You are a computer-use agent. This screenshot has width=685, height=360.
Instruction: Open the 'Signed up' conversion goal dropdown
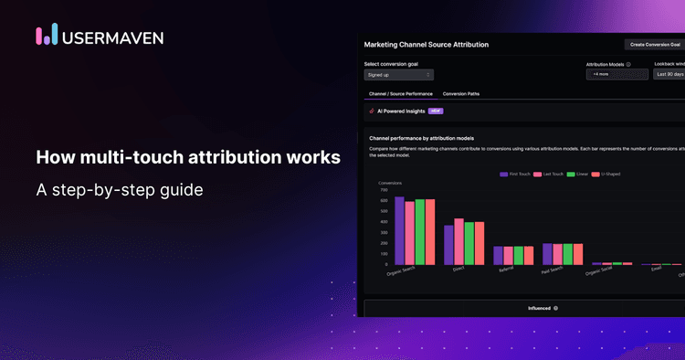click(x=398, y=75)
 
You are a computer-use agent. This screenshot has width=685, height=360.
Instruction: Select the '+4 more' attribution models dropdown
click(x=611, y=75)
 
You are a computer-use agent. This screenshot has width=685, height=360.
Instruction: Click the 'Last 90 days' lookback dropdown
click(x=669, y=75)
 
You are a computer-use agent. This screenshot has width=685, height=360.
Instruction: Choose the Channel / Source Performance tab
click(x=399, y=94)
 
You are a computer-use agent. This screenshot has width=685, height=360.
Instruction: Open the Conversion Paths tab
click(x=460, y=94)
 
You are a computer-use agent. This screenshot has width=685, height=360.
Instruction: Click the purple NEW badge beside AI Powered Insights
click(x=436, y=111)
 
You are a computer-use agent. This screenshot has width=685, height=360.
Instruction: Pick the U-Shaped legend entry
click(x=608, y=174)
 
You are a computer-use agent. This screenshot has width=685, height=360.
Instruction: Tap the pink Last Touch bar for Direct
click(x=458, y=242)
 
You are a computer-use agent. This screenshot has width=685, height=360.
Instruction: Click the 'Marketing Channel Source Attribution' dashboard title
click(x=426, y=44)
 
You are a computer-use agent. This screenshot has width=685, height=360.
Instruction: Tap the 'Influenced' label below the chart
click(x=539, y=308)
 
